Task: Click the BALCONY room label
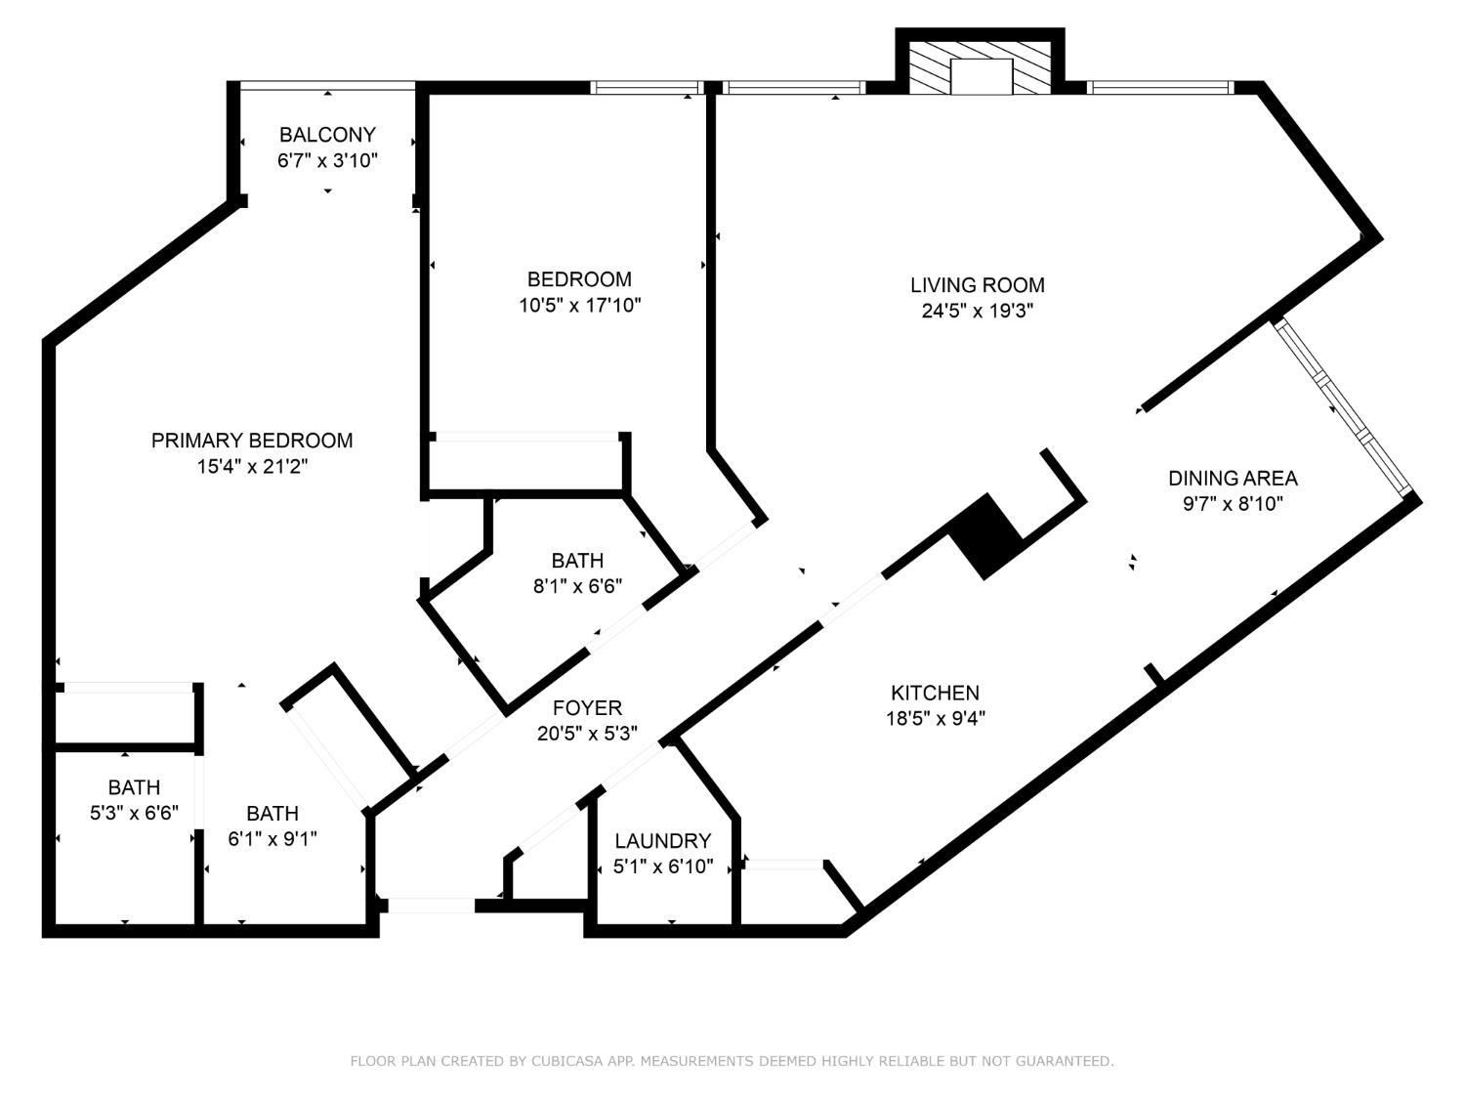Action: click(x=327, y=135)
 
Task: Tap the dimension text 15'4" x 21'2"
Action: click(x=252, y=467)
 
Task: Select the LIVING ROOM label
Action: click(x=977, y=285)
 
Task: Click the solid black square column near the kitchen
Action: click(x=985, y=536)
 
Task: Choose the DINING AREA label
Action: click(x=1233, y=479)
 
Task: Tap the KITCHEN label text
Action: click(x=935, y=693)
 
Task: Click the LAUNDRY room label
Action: click(x=662, y=841)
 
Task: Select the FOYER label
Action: click(x=587, y=708)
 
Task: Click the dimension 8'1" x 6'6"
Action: click(x=577, y=586)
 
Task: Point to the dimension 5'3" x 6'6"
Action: click(x=134, y=813)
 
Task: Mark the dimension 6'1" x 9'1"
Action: click(x=272, y=839)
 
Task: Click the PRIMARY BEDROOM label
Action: click(x=252, y=441)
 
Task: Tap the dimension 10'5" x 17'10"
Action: click(x=579, y=306)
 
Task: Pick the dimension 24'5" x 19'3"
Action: click(x=977, y=312)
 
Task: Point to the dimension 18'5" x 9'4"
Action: click(x=935, y=719)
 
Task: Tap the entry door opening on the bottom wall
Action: click(x=431, y=907)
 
